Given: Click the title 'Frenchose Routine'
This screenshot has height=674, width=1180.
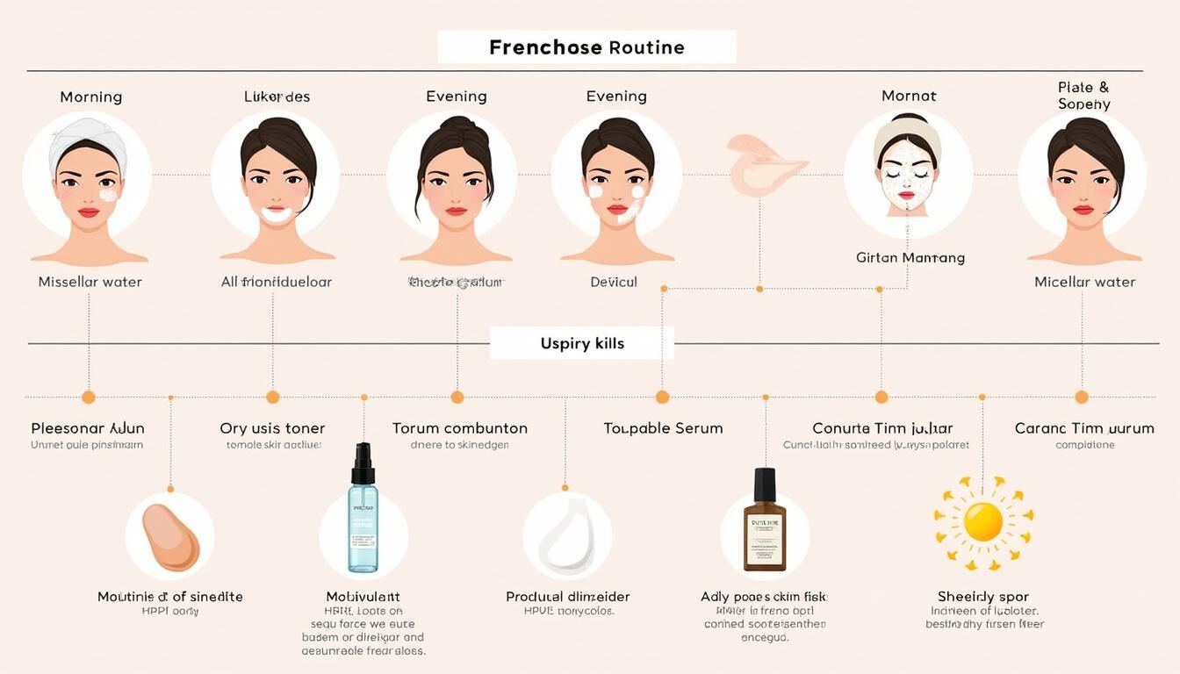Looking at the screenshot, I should click(x=586, y=47).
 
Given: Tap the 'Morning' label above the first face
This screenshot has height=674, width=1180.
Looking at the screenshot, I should click(x=90, y=97).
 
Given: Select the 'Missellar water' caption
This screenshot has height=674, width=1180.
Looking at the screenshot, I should click(x=90, y=282).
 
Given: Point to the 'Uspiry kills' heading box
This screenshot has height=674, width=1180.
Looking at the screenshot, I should click(x=582, y=343).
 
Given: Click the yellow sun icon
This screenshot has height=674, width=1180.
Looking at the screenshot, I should click(x=982, y=522).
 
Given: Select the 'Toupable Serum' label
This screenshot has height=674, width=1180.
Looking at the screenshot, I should click(x=663, y=428).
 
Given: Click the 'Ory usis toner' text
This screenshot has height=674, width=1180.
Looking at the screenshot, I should click(x=272, y=428).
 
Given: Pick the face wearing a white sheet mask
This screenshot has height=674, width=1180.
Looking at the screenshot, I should click(x=908, y=171).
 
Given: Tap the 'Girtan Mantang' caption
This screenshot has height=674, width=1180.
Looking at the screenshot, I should click(x=910, y=258).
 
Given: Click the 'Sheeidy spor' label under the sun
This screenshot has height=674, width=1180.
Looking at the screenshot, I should click(x=982, y=597).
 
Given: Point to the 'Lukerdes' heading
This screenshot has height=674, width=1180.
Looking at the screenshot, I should click(x=277, y=97).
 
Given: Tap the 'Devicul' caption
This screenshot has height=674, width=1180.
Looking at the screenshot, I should click(x=614, y=282).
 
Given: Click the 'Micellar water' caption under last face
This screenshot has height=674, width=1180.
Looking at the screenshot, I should click(x=1084, y=282).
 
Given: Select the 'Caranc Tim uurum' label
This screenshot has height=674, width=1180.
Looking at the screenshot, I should click(x=1084, y=428).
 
